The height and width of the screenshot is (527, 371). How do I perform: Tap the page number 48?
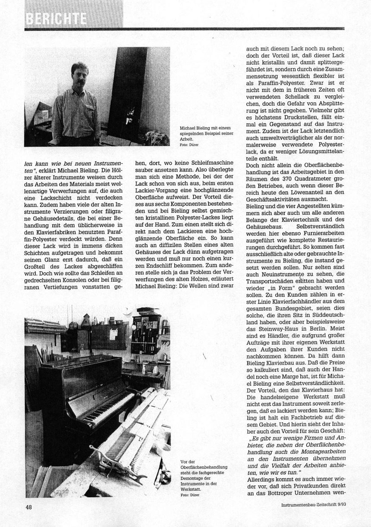coord(29,507)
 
